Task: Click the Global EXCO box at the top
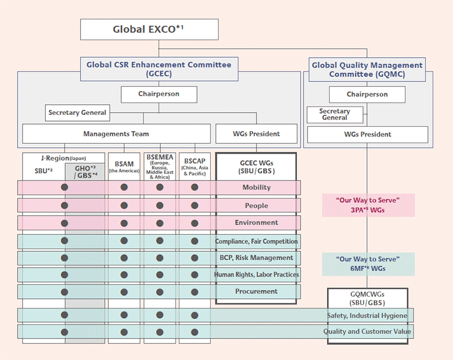149,29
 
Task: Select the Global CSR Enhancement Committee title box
159,69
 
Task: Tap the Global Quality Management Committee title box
367,70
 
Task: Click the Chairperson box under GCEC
159,95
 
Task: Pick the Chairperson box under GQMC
367,95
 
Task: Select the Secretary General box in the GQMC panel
335,114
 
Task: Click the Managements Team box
116,134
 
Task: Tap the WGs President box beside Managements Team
257,134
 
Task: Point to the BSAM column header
124,166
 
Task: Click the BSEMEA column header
160,166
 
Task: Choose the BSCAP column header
195,166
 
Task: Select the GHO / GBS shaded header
86,172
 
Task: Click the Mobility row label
257,187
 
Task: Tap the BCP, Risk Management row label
257,258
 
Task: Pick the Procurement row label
257,292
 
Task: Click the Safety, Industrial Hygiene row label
367,315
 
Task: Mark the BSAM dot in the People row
124,205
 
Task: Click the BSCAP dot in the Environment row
195,223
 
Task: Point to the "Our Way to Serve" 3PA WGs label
368,205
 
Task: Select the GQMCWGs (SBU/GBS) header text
367,298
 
